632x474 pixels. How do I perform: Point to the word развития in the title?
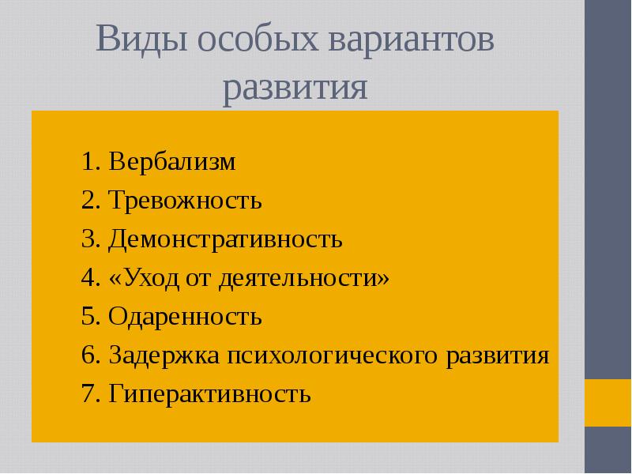click(x=295, y=88)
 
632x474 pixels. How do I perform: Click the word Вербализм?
click(x=173, y=163)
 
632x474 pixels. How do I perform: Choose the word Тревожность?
click(x=186, y=201)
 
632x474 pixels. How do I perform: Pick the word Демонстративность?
click(x=226, y=239)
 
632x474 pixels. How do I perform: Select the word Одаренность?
click(x=185, y=317)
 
